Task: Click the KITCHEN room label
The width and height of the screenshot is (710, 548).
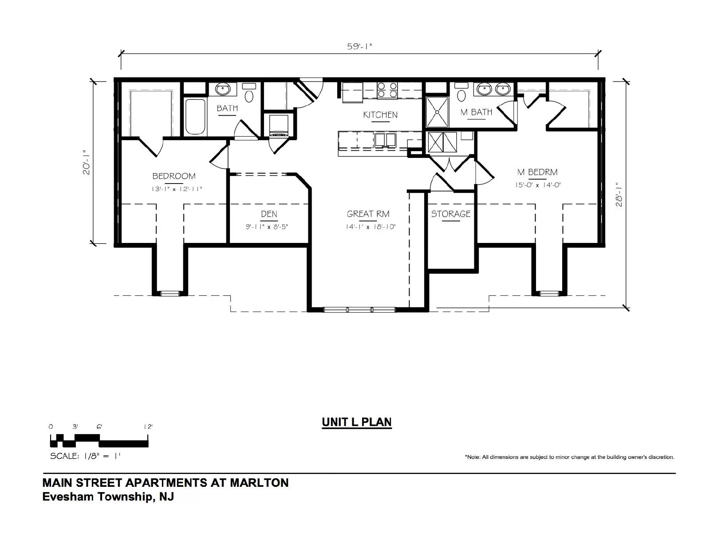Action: (x=380, y=115)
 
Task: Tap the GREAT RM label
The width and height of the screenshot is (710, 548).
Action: (x=368, y=214)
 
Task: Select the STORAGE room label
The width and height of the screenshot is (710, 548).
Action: (x=451, y=214)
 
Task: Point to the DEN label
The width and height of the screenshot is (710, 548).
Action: (x=269, y=214)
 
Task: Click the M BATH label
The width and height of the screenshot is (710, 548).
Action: (x=477, y=112)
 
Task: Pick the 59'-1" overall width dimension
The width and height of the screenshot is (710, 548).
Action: (x=360, y=47)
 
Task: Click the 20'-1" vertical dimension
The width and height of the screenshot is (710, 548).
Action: (x=87, y=162)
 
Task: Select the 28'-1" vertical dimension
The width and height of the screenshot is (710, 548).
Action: (x=619, y=195)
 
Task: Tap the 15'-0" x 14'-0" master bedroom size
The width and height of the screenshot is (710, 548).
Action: (x=538, y=185)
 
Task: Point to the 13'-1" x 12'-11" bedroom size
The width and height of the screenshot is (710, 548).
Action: (x=177, y=189)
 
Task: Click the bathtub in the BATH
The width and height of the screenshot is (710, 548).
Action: (x=195, y=116)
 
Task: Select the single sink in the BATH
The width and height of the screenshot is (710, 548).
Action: (x=223, y=89)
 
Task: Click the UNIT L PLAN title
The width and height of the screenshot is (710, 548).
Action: (x=357, y=422)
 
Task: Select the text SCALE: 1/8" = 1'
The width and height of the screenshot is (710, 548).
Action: (x=85, y=456)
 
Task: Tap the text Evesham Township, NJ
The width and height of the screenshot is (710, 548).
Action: (x=108, y=497)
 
